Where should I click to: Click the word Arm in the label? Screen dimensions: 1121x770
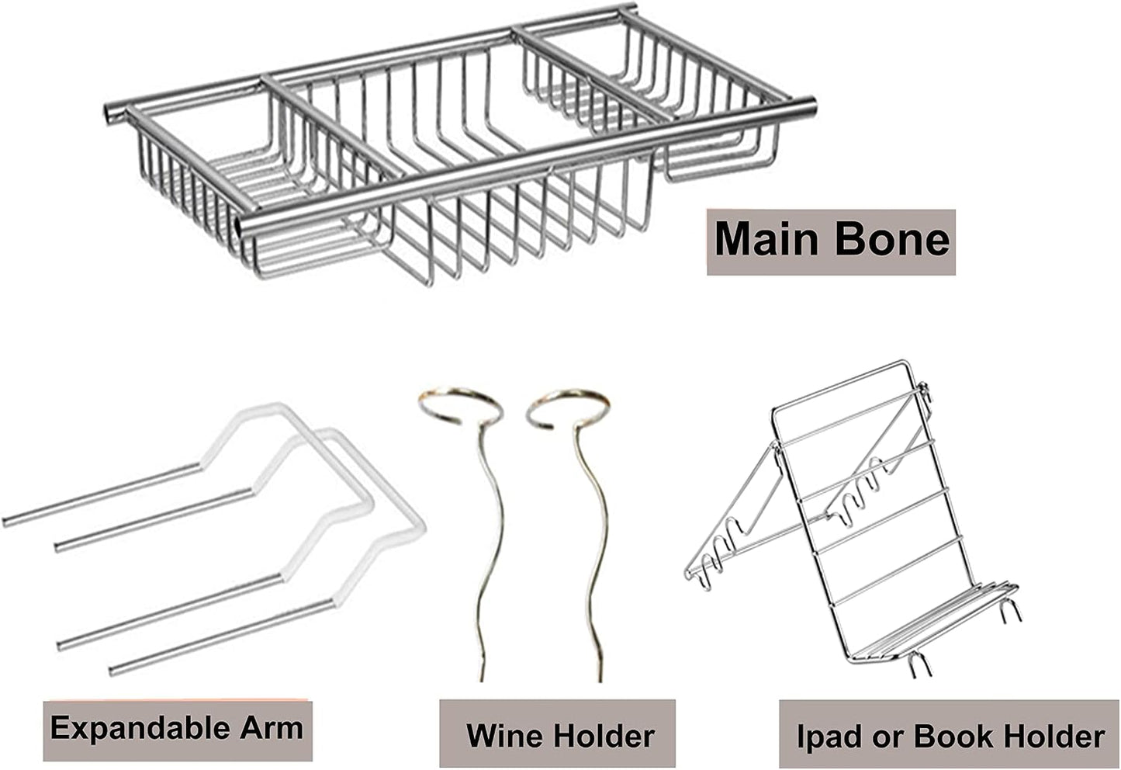coord(272,728)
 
